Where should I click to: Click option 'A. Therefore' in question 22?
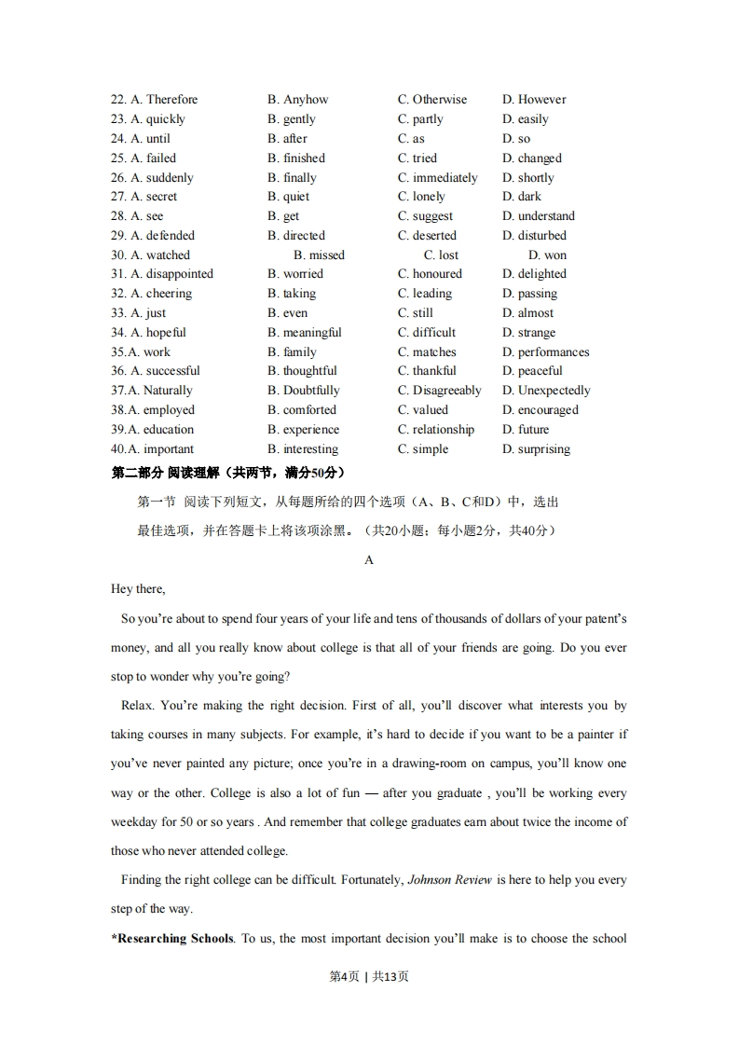click(164, 100)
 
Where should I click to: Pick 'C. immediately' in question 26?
click(437, 178)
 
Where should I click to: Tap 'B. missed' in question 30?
click(319, 255)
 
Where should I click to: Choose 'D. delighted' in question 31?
click(534, 274)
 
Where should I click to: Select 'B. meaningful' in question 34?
click(304, 333)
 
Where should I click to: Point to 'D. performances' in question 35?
click(545, 352)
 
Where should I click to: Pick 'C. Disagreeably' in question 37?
click(439, 391)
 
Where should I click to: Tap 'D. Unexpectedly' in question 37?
click(546, 391)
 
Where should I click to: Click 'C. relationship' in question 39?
click(435, 430)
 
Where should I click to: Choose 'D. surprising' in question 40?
click(536, 449)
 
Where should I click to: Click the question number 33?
click(118, 313)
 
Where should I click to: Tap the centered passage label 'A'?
click(369, 560)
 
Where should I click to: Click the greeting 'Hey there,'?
click(138, 589)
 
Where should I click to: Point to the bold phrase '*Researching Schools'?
click(171, 939)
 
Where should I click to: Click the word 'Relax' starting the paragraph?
click(136, 706)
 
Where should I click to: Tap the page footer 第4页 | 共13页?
click(369, 977)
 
